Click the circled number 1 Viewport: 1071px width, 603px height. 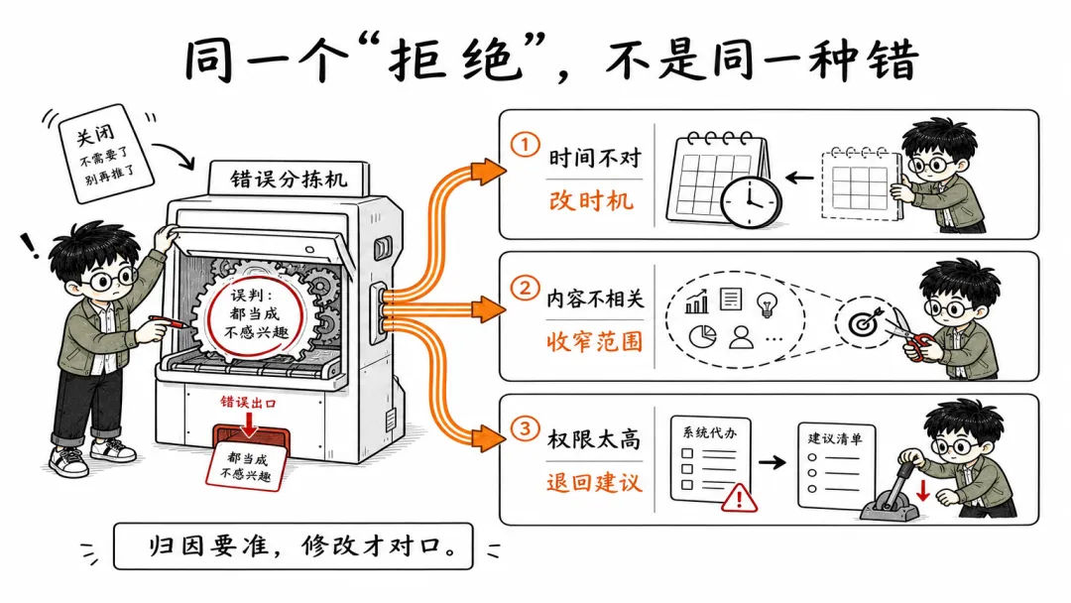coord(525,146)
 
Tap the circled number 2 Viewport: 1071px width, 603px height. coord(525,288)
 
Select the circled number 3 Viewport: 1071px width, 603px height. coord(525,429)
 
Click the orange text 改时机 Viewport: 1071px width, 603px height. coord(591,200)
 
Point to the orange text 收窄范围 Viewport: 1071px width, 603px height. coord(595,341)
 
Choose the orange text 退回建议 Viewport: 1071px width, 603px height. coord(594,482)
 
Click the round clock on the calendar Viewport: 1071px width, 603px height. coord(751,202)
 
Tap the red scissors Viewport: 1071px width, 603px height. coord(911,336)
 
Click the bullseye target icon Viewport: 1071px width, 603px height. coord(864,323)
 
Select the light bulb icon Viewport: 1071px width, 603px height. coord(767,303)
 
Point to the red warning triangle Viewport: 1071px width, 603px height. coord(739,497)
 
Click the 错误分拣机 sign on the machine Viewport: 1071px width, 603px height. coord(289,180)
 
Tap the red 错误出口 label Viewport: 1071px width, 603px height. coord(248,403)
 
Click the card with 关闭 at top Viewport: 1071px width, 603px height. coord(106,155)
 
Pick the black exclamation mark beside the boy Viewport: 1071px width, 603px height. coord(30,245)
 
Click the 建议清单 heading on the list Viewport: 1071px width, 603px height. coord(835,438)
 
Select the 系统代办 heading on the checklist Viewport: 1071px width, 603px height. coord(710,431)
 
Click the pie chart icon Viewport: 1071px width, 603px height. coord(702,336)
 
